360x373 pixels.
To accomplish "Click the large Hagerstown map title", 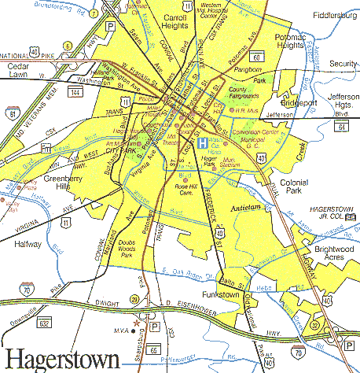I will click(x=61, y=358).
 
